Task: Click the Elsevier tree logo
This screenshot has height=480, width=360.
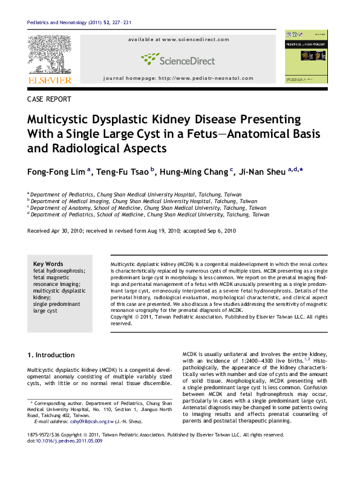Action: click(x=49, y=54)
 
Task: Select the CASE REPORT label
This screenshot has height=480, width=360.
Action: click(x=50, y=99)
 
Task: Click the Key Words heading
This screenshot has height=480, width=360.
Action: click(x=48, y=264)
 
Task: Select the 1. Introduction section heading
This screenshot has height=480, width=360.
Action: click(x=51, y=355)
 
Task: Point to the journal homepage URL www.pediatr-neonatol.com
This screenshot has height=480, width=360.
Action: click(x=211, y=79)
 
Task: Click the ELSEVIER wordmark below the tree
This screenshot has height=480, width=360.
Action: click(x=49, y=80)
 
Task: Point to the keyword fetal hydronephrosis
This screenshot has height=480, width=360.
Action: click(x=59, y=271)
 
